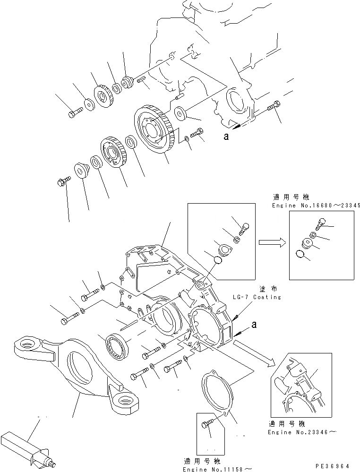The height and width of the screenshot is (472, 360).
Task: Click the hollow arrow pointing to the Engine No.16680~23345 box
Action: coord(270,242)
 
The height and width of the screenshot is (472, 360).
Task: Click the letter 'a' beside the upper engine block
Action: coord(227,137)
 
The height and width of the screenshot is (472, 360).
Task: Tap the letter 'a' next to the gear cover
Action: coord(254,325)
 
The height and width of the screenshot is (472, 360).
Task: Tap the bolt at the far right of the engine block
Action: coord(274,108)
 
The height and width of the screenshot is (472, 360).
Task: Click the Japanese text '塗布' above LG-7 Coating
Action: coord(265,289)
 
